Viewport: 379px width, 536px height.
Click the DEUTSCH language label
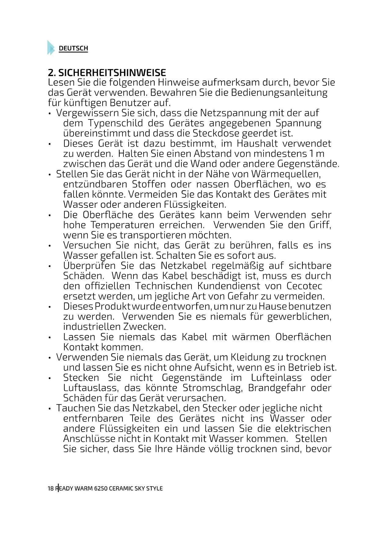pos(73,48)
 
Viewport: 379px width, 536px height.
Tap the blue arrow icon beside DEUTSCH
pos(51,48)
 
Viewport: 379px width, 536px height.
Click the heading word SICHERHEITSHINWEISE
pos(112,73)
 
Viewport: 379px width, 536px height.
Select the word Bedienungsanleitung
pos(279,92)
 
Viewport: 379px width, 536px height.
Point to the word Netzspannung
pos(233,113)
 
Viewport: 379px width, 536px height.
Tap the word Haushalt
pos(257,143)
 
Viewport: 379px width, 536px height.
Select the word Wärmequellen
pos(286,174)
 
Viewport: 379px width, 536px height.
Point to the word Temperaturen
pos(122,225)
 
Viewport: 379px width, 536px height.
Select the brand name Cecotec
pos(304,286)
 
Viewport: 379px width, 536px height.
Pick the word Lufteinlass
pos(276,378)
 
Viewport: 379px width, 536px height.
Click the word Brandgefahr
pos(276,388)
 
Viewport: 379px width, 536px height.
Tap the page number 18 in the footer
pos(51,488)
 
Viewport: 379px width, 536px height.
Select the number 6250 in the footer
pos(101,488)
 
